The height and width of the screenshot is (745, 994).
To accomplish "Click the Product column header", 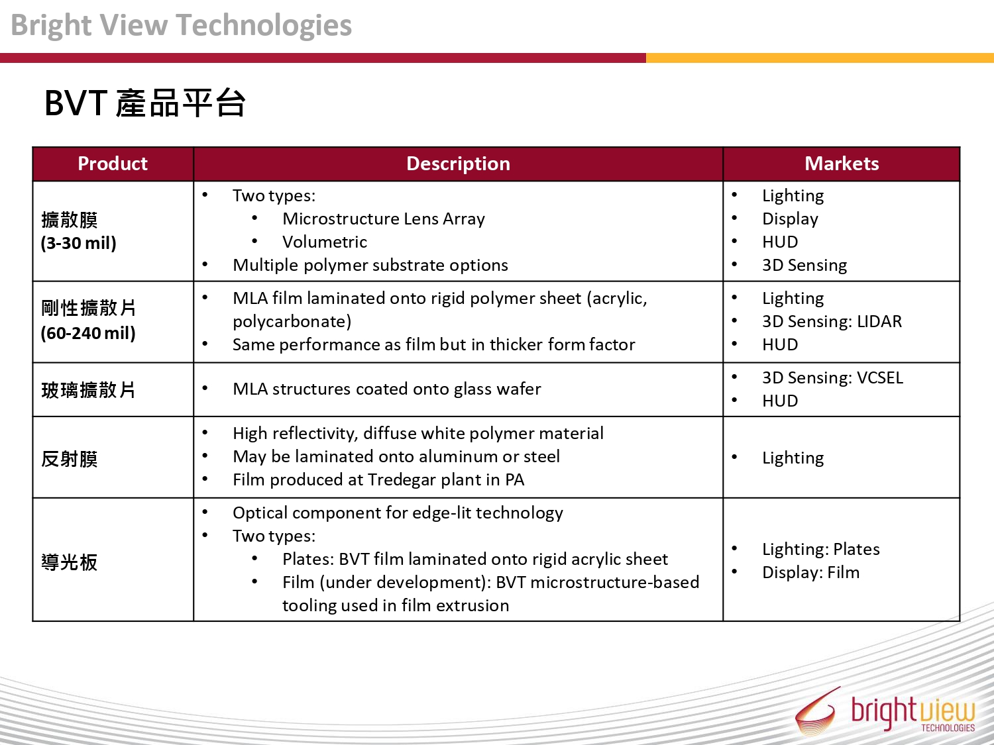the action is tap(112, 164).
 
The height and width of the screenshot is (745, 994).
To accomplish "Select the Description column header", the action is tap(458, 164).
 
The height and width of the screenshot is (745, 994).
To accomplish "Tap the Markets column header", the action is tap(842, 164).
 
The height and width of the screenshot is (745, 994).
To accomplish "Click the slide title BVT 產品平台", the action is tap(145, 103).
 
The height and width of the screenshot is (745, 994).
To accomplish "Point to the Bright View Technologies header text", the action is tap(181, 25).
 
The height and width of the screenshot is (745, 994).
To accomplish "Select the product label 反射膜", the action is tap(70, 459).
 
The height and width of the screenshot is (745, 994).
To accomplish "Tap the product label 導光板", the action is tap(70, 562).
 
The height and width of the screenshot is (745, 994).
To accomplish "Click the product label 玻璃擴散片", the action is tap(88, 390).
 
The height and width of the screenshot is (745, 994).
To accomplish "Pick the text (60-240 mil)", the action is tap(88, 333).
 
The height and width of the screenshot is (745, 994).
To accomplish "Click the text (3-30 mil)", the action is tap(78, 243).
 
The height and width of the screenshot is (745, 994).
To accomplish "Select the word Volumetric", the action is tap(325, 242).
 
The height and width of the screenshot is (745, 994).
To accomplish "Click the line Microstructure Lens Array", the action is tap(384, 219).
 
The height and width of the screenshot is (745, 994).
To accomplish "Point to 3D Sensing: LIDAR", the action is tap(832, 321).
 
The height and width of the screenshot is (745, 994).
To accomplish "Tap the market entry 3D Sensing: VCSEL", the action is tap(832, 377).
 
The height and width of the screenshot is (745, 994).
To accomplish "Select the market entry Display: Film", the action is tap(810, 572).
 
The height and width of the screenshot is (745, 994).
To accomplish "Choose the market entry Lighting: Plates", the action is tap(820, 549).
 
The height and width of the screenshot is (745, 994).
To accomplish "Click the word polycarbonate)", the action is tap(292, 322).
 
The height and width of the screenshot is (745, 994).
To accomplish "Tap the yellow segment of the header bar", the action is tap(820, 58).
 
